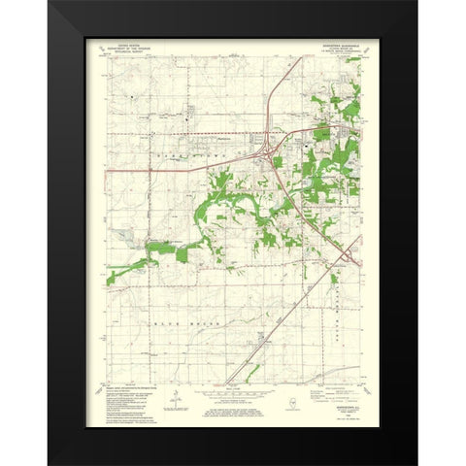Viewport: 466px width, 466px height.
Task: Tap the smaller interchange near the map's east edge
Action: click(x=348, y=255)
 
